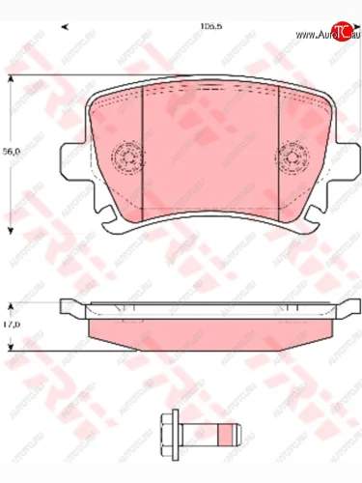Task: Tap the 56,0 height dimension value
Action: [11, 152]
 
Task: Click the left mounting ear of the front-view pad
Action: [70, 159]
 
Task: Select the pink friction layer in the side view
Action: [208, 331]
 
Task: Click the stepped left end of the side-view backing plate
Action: [70, 309]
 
